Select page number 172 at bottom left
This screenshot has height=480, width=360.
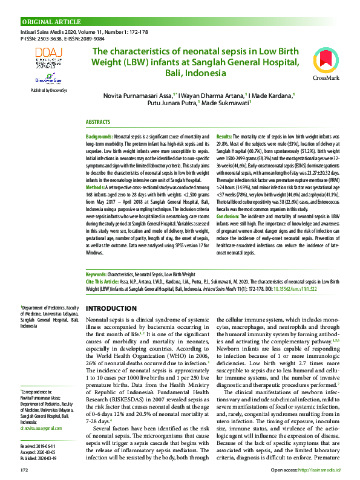pyautogui.click(x=24, y=469)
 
